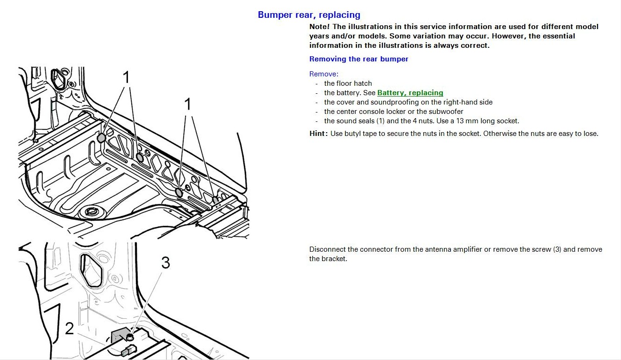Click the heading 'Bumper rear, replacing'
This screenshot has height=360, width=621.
point(309,15)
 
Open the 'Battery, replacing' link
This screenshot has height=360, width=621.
point(410,93)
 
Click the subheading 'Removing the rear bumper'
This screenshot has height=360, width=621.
point(359,59)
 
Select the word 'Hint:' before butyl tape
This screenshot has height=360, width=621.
point(319,134)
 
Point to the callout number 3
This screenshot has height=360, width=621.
point(165,263)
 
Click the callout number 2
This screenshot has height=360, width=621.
point(69,329)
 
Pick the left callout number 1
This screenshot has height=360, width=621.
point(126,77)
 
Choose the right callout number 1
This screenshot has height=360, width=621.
point(188,104)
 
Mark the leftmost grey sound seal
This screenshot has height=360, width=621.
point(101,137)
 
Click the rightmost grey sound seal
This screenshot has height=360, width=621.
point(216,200)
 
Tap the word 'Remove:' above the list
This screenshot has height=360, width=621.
point(324,74)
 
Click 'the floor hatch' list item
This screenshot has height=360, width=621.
point(348,83)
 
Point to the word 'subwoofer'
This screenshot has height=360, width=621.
point(447,112)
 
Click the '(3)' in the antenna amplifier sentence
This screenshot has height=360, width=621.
point(557,249)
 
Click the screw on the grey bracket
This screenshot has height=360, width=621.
point(130,336)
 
